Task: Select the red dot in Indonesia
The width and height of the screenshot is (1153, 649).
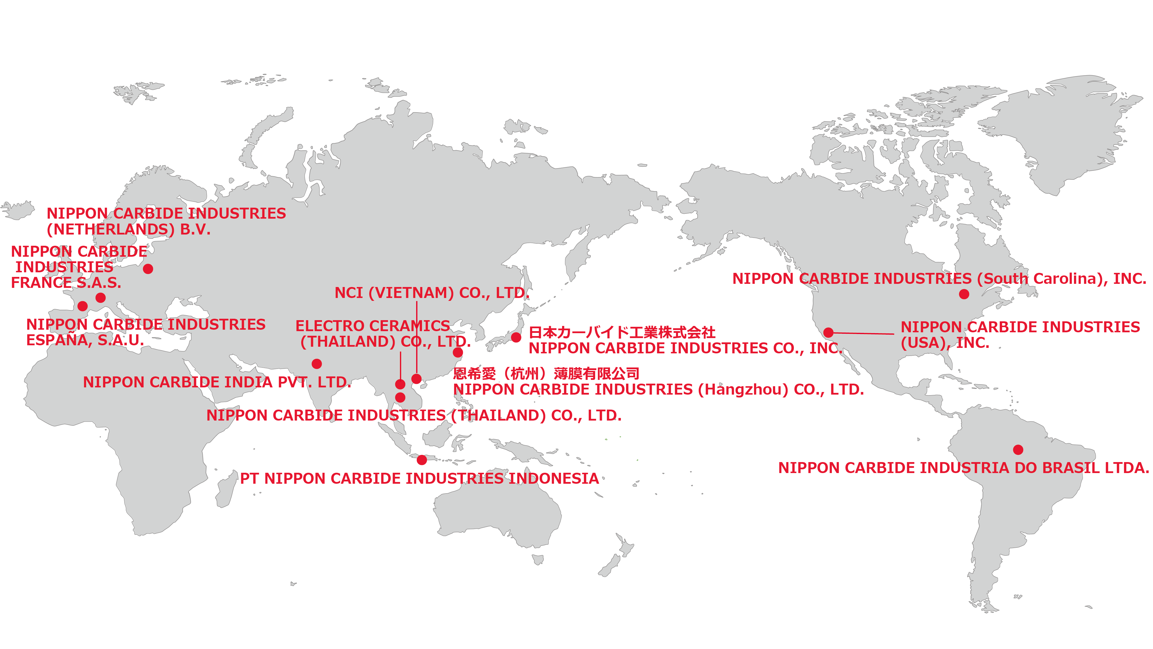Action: pyautogui.click(x=422, y=459)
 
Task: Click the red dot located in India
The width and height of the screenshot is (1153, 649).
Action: pyautogui.click(x=316, y=364)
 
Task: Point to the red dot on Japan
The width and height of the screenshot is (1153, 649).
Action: pyautogui.click(x=516, y=337)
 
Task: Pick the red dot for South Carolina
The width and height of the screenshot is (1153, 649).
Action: pyautogui.click(x=964, y=294)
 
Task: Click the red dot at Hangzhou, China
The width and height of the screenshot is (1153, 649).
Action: pyautogui.click(x=457, y=352)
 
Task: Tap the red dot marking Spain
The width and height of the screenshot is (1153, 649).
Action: pyautogui.click(x=82, y=306)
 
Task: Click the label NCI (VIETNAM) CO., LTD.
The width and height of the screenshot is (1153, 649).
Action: pyautogui.click(x=432, y=293)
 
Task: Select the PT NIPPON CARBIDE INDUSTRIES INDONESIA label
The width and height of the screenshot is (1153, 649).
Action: pyautogui.click(x=419, y=478)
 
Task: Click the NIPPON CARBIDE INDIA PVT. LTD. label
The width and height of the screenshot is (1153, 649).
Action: pyautogui.click(x=217, y=382)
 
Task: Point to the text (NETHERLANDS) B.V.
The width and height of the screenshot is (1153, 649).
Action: pyautogui.click(x=129, y=229)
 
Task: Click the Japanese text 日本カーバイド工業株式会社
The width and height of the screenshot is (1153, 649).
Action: pyautogui.click(x=622, y=332)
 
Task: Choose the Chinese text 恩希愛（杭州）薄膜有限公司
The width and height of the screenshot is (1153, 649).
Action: pyautogui.click(x=546, y=373)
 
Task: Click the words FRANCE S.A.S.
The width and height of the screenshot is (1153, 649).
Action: pyautogui.click(x=66, y=283)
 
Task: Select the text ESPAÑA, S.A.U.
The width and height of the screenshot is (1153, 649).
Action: pyautogui.click(x=85, y=340)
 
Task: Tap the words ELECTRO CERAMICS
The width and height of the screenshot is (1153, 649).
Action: pyautogui.click(x=372, y=326)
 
